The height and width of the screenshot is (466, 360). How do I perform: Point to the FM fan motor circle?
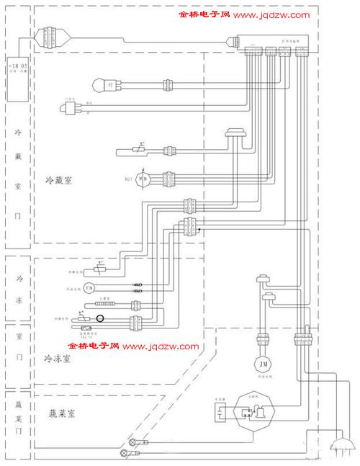89,288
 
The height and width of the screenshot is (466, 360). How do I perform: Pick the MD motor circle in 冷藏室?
143,177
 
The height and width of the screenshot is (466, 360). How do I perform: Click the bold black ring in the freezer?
100,318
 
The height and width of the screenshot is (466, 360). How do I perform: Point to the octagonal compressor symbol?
251,413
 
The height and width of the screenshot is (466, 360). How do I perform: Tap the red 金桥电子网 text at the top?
204,14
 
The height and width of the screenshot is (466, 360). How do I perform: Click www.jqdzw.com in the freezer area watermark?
161,346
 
